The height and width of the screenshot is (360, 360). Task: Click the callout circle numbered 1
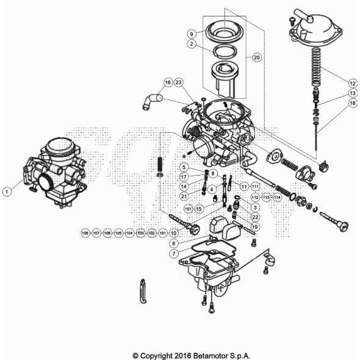click(x=7, y=192)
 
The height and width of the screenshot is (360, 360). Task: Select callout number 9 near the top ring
click(x=192, y=33)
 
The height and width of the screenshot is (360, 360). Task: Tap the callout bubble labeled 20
click(x=256, y=57)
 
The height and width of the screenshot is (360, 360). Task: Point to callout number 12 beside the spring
click(x=352, y=82)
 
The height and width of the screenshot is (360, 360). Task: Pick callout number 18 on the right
click(x=352, y=104)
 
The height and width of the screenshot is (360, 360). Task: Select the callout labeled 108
click(x=85, y=233)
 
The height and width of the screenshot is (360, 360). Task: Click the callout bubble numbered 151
click(x=189, y=208)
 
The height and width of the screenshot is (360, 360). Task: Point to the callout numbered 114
click(x=277, y=198)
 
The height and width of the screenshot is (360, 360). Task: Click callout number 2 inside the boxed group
click(x=192, y=45)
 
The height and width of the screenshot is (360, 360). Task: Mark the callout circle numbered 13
click(x=352, y=93)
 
